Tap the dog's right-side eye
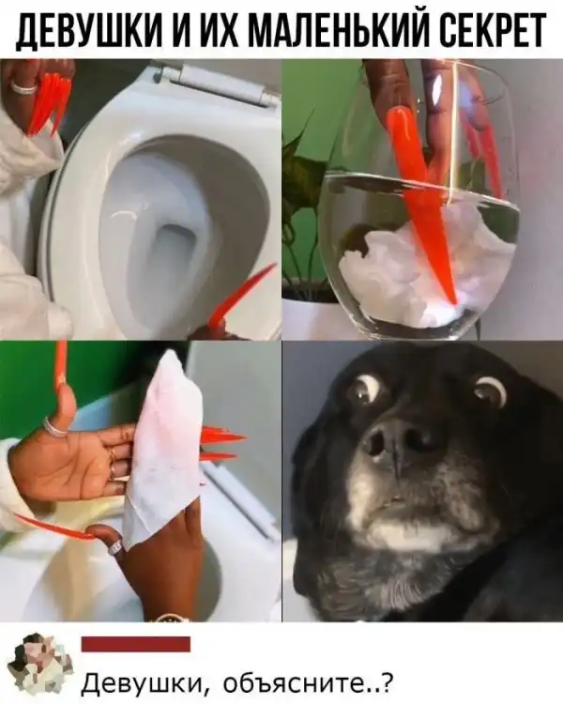click(x=490, y=391)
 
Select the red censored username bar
click(x=136, y=644)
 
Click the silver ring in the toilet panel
click(x=23, y=86)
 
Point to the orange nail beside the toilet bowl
click(x=240, y=295)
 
